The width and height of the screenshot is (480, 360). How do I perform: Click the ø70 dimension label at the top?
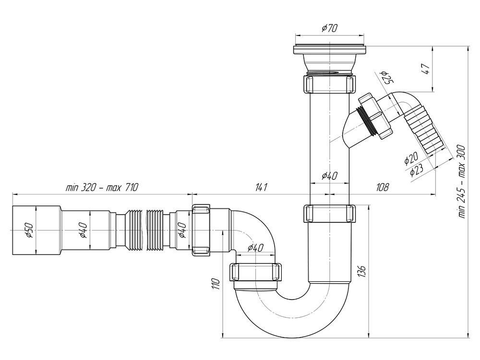329,28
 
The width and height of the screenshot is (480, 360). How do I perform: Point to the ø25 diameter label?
385,76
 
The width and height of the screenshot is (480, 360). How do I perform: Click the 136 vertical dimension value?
361,272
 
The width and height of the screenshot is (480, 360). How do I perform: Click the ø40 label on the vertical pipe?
329,176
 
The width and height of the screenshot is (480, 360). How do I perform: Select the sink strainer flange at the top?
329,50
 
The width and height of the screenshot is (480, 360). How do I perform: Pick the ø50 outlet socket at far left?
36,230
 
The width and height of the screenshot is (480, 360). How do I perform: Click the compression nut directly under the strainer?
330,83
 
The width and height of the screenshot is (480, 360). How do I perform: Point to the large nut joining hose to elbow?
201,230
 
